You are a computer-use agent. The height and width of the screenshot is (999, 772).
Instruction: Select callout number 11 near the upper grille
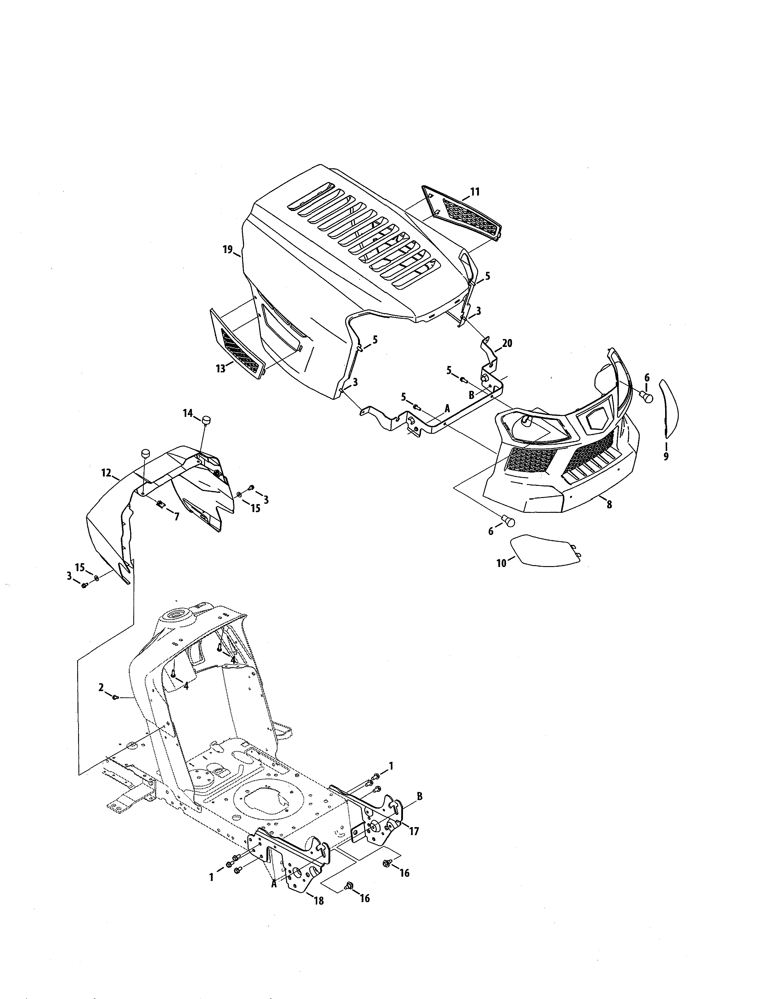tap(475, 192)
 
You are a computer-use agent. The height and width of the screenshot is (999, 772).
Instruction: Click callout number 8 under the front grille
tap(609, 505)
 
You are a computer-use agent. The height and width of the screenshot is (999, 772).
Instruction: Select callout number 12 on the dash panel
tap(106, 473)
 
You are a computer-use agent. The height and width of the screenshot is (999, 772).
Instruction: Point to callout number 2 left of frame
tap(101, 700)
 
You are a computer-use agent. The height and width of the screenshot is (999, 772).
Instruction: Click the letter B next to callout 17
tap(419, 796)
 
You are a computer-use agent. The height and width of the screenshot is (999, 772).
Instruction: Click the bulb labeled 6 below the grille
tap(508, 521)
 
